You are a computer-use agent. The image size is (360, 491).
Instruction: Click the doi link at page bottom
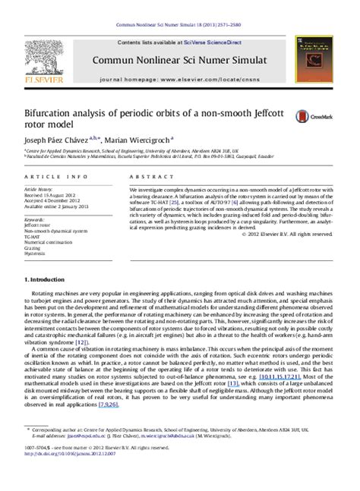[x=61, y=479]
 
